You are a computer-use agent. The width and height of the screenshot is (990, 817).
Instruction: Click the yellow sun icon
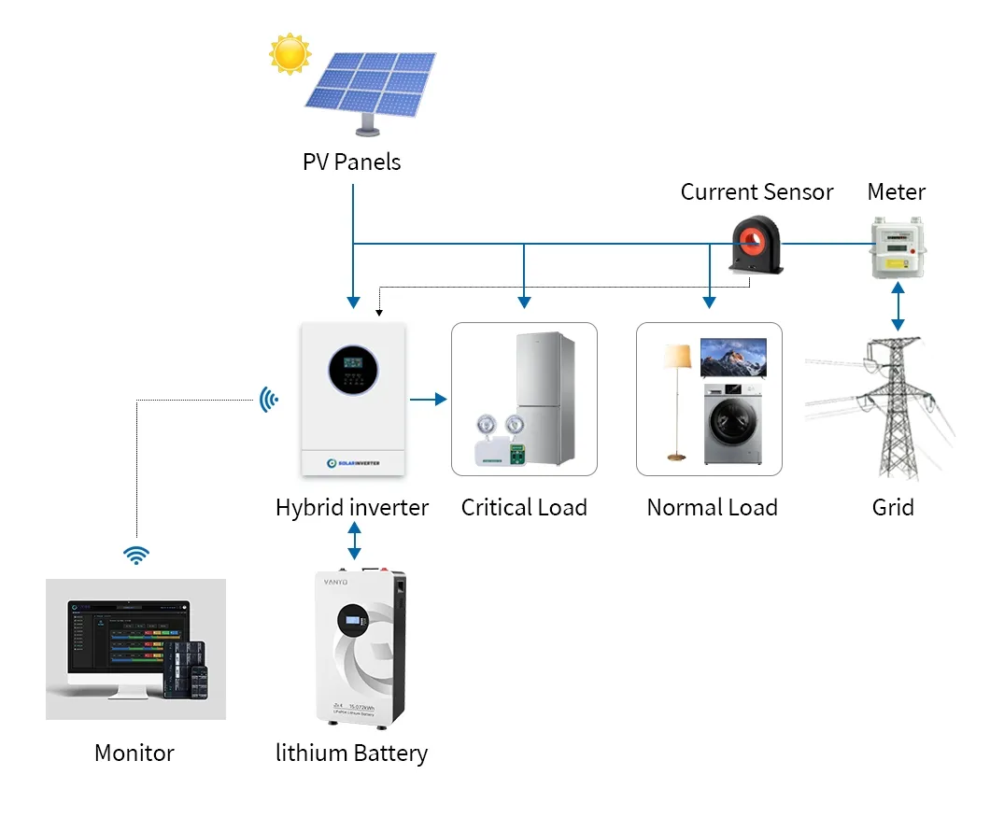[290, 53]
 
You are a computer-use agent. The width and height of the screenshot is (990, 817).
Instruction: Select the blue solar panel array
[372, 84]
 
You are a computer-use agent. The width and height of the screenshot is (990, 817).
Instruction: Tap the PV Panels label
[351, 162]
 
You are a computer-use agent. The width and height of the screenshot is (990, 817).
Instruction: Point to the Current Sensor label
[757, 192]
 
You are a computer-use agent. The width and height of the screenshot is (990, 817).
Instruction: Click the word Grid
[892, 508]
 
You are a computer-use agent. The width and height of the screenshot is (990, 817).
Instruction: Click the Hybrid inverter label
[351, 508]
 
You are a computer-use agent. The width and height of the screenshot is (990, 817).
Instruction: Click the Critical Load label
[524, 508]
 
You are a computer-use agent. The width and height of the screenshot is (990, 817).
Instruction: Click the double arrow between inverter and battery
[353, 541]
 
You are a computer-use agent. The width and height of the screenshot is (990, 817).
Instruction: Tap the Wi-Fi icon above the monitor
[136, 556]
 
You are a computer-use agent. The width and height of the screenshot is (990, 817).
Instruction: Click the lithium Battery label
[351, 754]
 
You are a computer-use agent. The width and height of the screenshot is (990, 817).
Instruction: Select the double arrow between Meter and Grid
[898, 306]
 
